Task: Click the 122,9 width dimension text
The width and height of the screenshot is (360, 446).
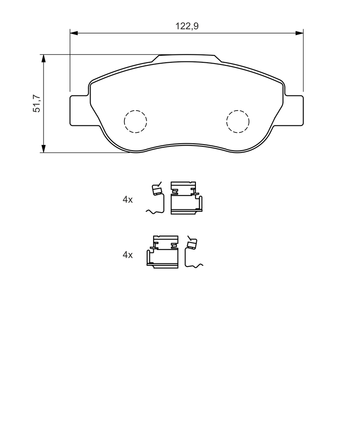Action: tap(187, 26)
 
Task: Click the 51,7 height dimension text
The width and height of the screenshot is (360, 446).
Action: tap(37, 103)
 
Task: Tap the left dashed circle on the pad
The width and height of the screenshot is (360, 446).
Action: tap(135, 121)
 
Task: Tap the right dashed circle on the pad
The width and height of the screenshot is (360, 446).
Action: tap(238, 121)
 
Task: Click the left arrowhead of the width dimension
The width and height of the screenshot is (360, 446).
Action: tap(74, 33)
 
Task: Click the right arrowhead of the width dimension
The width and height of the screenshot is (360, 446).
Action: tap(299, 33)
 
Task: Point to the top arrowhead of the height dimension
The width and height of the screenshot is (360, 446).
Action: tap(44, 58)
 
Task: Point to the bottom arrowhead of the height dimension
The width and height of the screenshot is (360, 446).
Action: tap(44, 149)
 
